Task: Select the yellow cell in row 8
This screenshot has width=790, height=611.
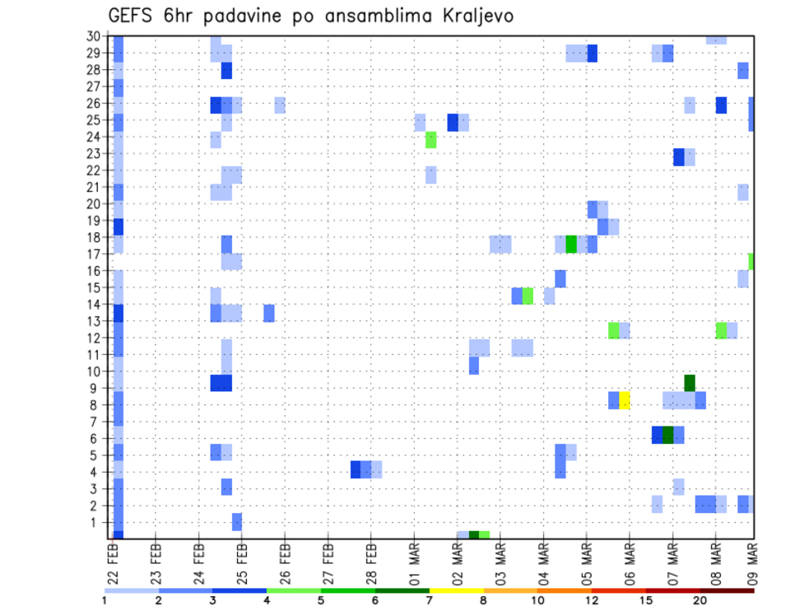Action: point(625,400)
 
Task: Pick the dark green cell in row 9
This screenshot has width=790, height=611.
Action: point(690,383)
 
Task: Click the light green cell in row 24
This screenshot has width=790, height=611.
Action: point(430,140)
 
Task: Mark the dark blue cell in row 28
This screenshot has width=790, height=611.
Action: point(226,71)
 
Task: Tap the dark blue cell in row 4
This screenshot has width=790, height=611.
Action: point(355,469)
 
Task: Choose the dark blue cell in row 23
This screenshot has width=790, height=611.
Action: point(679,156)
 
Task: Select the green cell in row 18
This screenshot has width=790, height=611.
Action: point(571,245)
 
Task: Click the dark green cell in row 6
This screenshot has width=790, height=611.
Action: point(668,435)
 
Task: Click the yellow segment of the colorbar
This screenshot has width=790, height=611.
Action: point(456,590)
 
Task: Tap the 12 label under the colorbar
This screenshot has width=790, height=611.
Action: point(592,600)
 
